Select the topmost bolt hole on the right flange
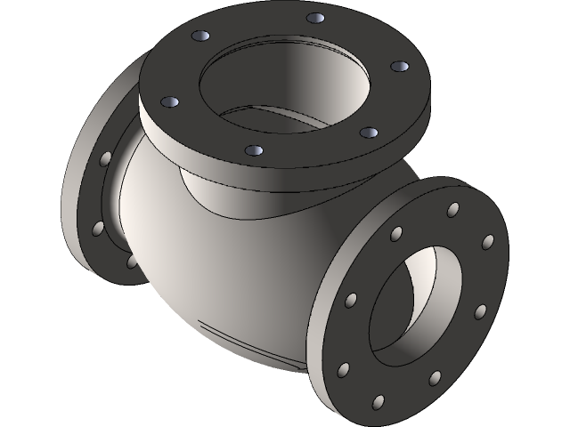[453, 209]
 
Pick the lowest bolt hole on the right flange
[378, 401]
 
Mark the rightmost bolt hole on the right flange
[487, 241]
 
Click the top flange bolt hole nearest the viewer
[254, 153]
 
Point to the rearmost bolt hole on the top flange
[313, 18]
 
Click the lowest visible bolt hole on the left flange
[132, 262]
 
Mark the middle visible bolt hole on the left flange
[95, 229]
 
